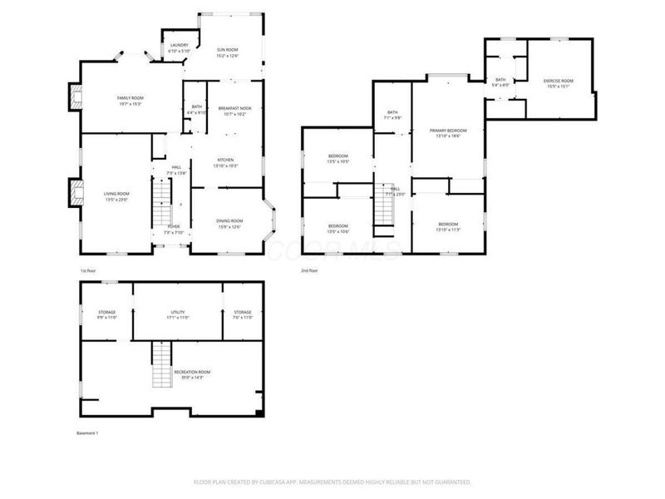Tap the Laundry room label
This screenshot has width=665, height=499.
tap(179, 48)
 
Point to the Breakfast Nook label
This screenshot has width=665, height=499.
tap(234, 111)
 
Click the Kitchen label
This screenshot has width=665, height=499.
tap(225, 162)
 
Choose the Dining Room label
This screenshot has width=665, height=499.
tap(230, 223)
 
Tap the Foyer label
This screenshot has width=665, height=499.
tap(174, 229)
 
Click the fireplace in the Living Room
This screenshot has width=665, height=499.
tap(74, 193)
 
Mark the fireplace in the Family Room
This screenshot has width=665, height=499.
tap(75, 100)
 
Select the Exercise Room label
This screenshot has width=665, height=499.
tap(559, 82)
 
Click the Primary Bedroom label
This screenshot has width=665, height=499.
tap(448, 133)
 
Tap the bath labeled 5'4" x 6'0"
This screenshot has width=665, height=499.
tap(500, 82)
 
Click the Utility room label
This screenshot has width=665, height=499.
tap(179, 314)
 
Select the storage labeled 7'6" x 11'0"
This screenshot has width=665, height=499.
tap(242, 314)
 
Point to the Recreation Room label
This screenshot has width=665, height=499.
tap(191, 374)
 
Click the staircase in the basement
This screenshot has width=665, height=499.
tap(160, 367)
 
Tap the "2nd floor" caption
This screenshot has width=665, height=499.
tap(310, 271)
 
